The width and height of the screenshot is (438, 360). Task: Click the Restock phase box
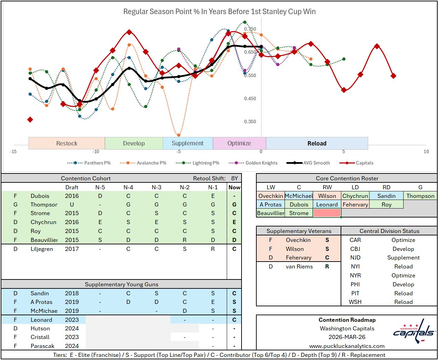[x=67, y=143]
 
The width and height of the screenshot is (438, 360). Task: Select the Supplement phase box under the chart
[x=188, y=143]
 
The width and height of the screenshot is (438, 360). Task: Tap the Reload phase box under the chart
[x=317, y=143]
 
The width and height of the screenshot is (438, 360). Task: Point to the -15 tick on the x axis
[x=13, y=151]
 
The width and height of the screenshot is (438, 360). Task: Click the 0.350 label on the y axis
[x=250, y=121]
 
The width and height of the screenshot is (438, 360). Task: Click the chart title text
[x=220, y=11]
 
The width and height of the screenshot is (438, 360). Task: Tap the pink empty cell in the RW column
[x=327, y=213]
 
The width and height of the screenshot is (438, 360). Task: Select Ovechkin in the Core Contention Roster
[x=270, y=196]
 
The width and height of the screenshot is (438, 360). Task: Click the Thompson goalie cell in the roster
[x=420, y=196]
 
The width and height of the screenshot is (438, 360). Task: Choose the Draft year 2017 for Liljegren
[x=72, y=249]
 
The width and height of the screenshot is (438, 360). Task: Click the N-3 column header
[x=157, y=187]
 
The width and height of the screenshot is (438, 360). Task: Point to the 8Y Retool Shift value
[x=235, y=178]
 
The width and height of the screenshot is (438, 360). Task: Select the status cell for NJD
[x=403, y=257]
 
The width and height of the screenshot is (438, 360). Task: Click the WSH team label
[x=355, y=302]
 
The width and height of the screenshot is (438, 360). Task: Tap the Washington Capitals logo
[x=414, y=331]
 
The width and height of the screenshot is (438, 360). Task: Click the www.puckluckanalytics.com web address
[x=347, y=346]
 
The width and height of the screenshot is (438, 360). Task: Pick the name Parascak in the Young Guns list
[x=43, y=346]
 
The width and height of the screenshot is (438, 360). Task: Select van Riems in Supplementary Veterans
[x=299, y=266]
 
